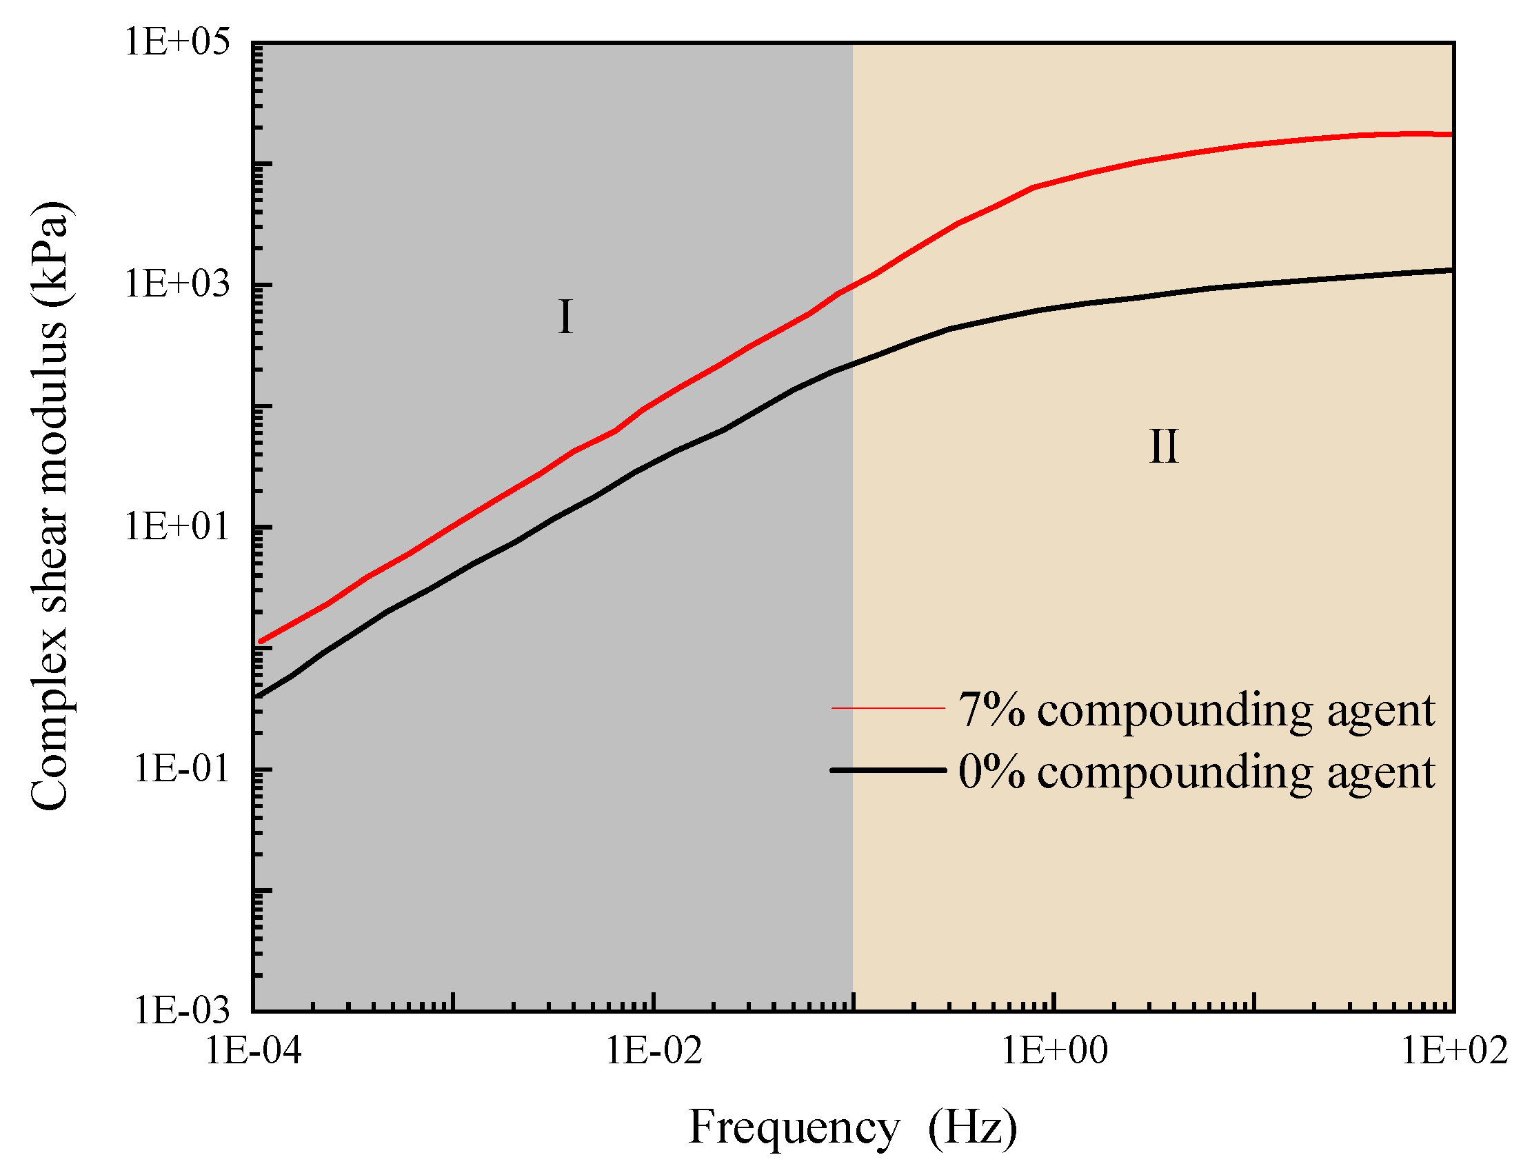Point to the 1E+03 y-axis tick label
coord(177,284)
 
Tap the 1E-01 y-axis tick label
coord(181,769)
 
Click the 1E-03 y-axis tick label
coord(181,1010)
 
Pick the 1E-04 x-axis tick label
coord(252,1050)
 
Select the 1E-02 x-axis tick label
coord(653,1050)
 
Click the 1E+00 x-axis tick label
coord(1054,1050)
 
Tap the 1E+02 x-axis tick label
coord(1454,1050)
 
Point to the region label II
coord(1164,447)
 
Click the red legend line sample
coord(887,708)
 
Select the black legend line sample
coord(887,770)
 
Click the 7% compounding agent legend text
coord(1196,710)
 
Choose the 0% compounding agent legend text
coord(1196,772)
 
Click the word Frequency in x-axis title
coord(794,1128)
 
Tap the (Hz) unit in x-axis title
coord(972,1128)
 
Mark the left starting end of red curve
coord(261,641)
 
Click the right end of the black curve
coord(1451,270)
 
